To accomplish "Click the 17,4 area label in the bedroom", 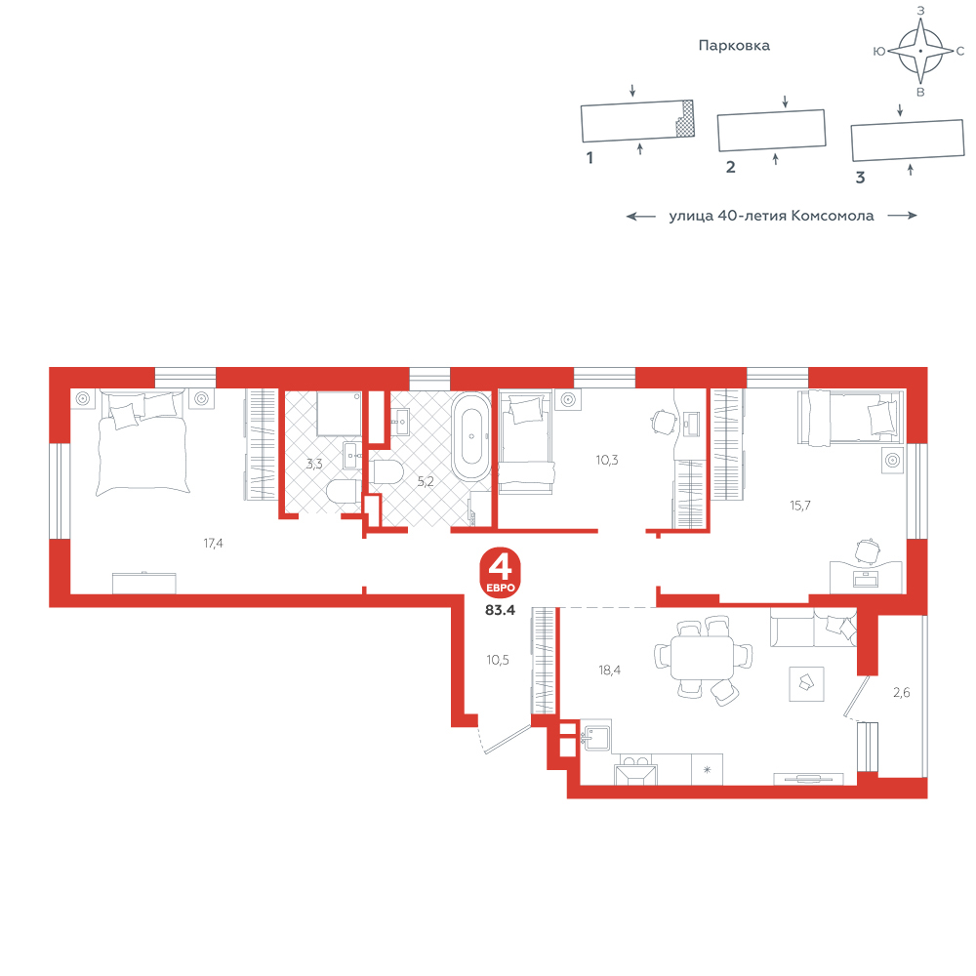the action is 213,544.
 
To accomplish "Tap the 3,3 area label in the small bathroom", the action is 314,464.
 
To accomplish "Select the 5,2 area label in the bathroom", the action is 426,481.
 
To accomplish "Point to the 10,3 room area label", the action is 607,460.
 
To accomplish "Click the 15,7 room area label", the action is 800,506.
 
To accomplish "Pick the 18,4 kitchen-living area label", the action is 609,671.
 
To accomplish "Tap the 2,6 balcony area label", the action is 901,692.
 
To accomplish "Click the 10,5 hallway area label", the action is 498,660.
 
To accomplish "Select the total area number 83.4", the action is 501,610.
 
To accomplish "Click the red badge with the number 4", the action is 500,573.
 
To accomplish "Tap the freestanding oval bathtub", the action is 471,436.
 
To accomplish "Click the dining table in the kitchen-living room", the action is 703,657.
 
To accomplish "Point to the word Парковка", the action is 734,46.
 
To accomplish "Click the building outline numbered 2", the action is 772,130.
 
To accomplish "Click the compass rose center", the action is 920,51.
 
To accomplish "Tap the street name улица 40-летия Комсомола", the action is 771,216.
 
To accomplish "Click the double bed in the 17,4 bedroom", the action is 142,442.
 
